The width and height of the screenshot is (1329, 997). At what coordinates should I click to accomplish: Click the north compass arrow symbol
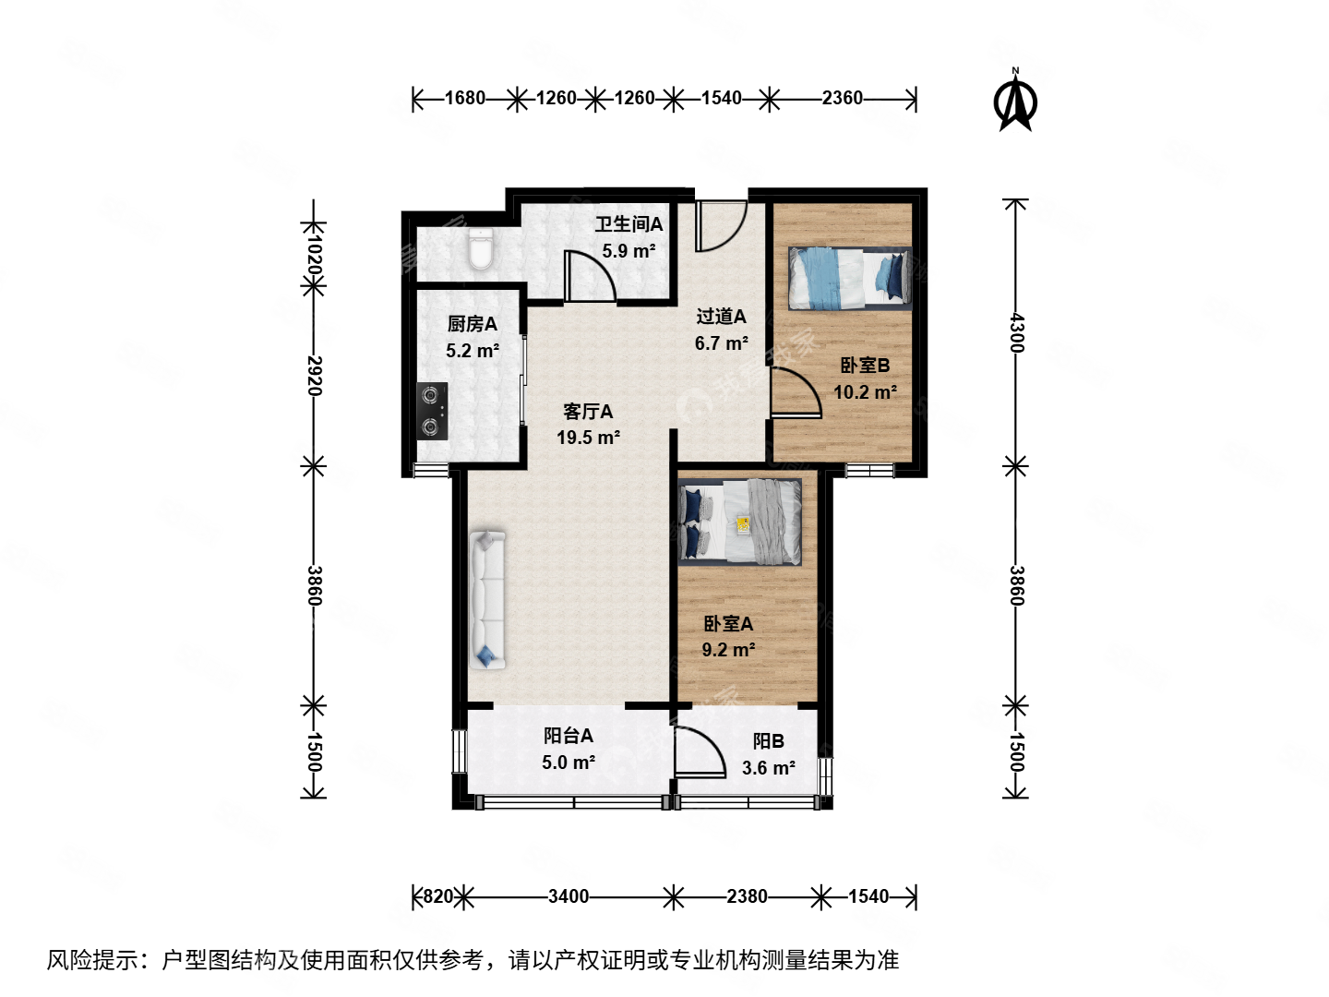(1015, 102)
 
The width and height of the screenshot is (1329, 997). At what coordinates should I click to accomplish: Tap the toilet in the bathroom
(480, 250)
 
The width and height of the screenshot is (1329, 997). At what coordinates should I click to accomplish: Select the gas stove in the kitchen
(432, 411)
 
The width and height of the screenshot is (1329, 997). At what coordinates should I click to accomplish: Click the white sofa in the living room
(486, 599)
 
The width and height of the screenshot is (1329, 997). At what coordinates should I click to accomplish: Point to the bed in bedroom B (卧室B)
(849, 279)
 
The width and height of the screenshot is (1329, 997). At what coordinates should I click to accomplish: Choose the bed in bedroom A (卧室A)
(739, 521)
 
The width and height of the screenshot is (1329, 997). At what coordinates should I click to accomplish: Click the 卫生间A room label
(629, 224)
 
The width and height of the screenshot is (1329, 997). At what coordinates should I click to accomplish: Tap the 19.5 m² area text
(588, 438)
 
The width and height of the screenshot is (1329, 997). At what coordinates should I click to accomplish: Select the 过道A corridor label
(721, 317)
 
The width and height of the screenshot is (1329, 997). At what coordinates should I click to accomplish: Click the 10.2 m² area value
(865, 392)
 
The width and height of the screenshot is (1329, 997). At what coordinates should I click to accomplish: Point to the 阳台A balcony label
(568, 736)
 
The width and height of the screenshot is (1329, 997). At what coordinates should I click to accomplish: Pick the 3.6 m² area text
(768, 768)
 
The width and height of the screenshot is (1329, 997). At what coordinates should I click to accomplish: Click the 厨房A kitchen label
(472, 324)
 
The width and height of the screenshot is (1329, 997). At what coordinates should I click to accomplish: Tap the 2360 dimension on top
(842, 98)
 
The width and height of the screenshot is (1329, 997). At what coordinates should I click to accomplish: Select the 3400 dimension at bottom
(568, 896)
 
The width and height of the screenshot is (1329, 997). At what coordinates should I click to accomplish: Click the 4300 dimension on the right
(1015, 332)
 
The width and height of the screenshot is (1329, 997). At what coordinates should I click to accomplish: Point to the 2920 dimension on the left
(314, 375)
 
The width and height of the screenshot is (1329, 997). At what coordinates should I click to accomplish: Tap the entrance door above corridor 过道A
(720, 226)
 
